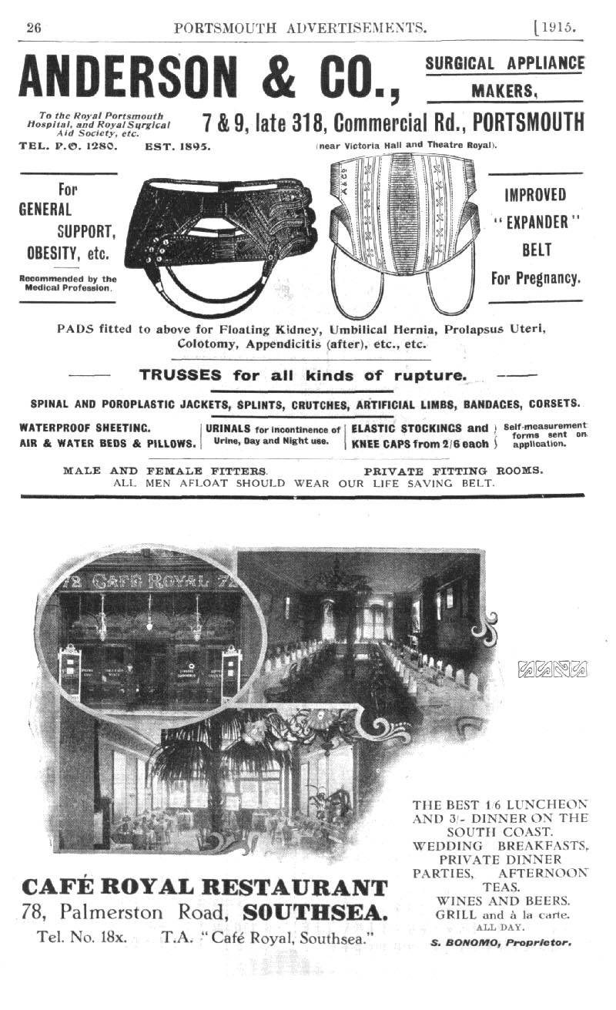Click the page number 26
point(33,28)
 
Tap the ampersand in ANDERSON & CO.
point(292,79)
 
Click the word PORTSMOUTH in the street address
point(528,122)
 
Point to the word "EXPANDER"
point(535,222)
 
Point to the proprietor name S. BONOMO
point(462,941)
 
